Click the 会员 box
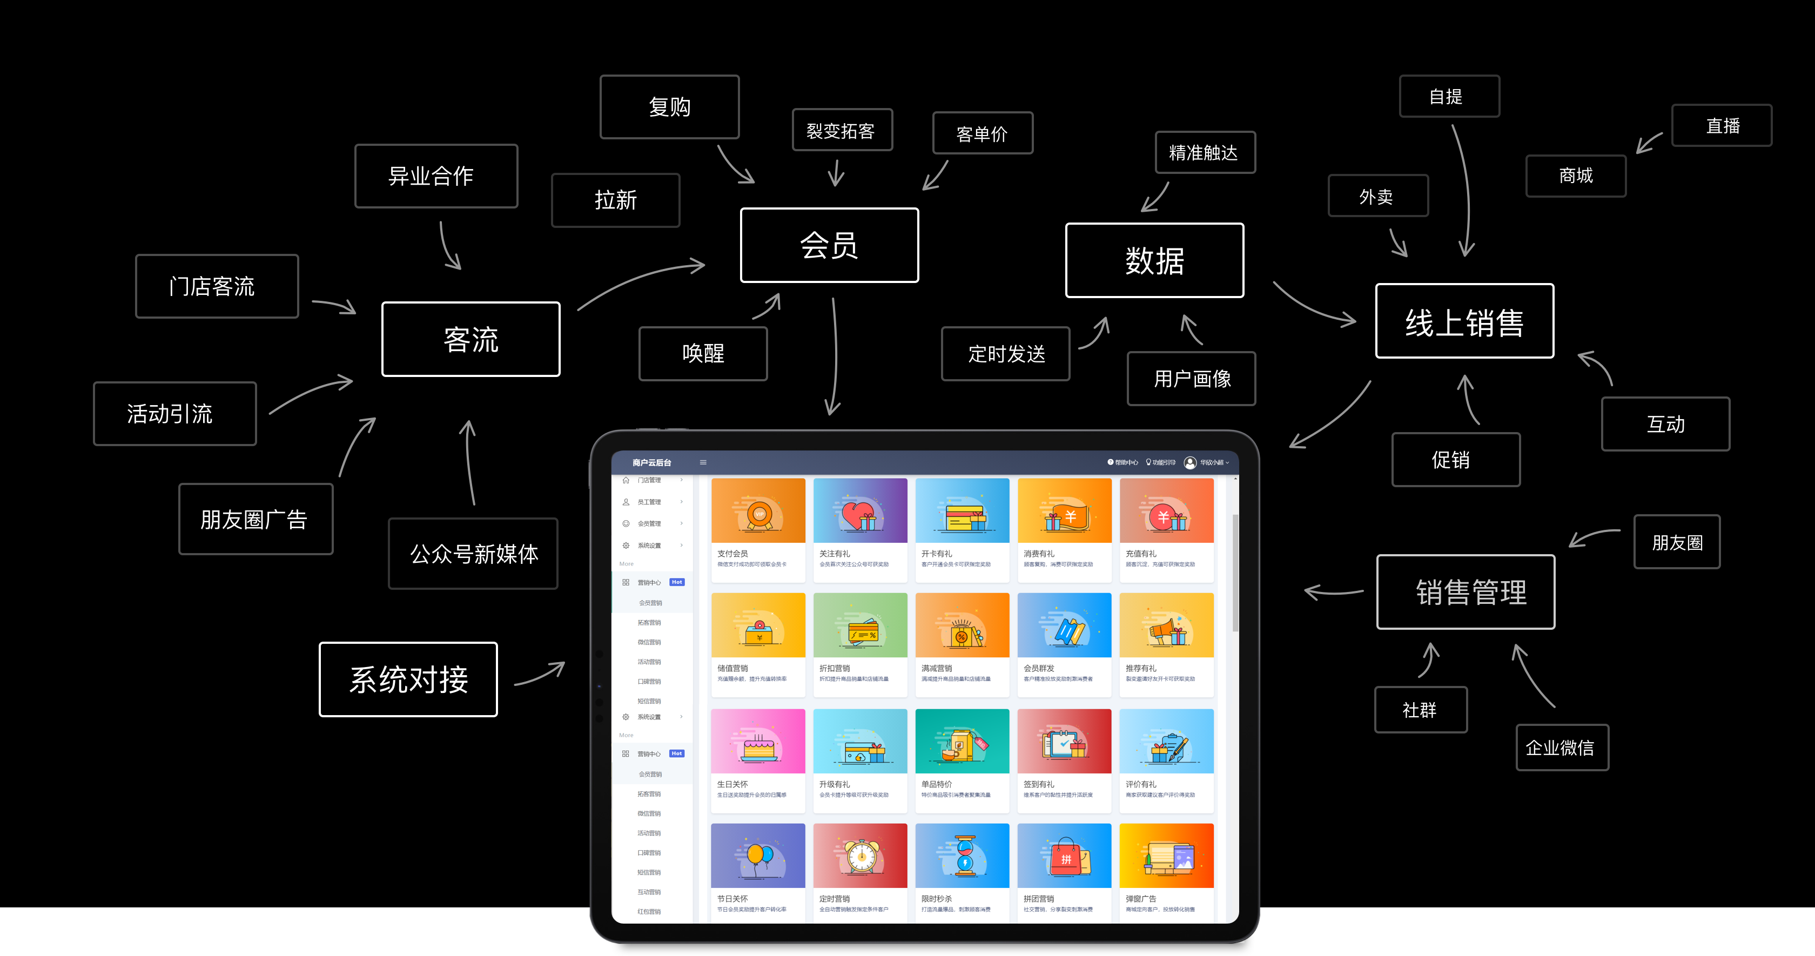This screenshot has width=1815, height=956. [829, 245]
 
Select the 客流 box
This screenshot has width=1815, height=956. [470, 340]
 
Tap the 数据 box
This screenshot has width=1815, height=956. [1154, 261]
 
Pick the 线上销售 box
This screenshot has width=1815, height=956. [1464, 321]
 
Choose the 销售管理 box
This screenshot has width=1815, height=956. [1466, 592]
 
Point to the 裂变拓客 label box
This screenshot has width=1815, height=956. [842, 130]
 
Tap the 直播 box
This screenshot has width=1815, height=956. [1722, 125]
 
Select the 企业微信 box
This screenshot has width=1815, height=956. [1562, 748]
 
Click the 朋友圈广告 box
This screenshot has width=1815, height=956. [255, 519]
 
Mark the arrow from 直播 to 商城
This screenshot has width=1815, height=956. [1648, 143]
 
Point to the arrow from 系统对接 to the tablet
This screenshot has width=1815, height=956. [540, 674]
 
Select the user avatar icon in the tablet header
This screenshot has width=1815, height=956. [1190, 463]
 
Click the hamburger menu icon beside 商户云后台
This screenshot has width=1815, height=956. [702, 463]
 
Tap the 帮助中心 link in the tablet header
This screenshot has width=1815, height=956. [1123, 463]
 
